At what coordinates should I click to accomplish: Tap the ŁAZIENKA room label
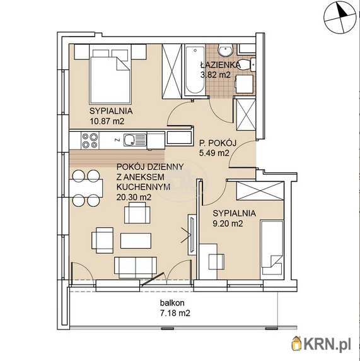(220, 64)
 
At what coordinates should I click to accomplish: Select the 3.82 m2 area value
(216, 75)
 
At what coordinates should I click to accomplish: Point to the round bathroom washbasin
(226, 51)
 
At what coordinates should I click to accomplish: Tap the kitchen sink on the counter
(135, 140)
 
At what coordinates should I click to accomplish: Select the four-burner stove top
(90, 141)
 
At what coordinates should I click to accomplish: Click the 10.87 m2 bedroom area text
(107, 121)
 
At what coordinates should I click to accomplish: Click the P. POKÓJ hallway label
(218, 143)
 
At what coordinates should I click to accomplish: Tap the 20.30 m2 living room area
(134, 197)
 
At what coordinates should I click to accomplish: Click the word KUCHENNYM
(143, 187)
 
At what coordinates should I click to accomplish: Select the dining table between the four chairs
(86, 188)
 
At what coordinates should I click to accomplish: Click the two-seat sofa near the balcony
(136, 268)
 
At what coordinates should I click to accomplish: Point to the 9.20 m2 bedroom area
(228, 223)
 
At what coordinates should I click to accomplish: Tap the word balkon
(172, 303)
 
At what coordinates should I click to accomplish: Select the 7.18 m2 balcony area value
(175, 313)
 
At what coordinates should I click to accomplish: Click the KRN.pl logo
(322, 345)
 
